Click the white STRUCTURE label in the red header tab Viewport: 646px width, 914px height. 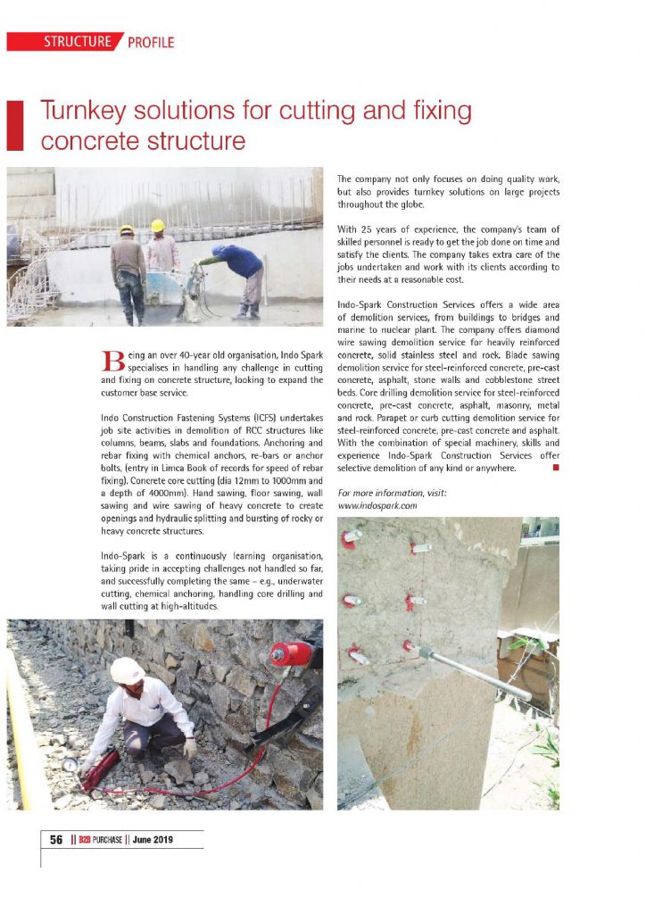(79, 42)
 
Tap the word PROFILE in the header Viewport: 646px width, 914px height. (151, 42)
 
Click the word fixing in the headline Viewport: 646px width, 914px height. (433, 112)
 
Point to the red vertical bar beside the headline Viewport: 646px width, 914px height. (13, 126)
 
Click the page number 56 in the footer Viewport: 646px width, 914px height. (55, 840)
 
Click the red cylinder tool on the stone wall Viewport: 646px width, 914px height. (290, 654)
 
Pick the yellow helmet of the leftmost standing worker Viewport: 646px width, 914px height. (127, 230)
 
